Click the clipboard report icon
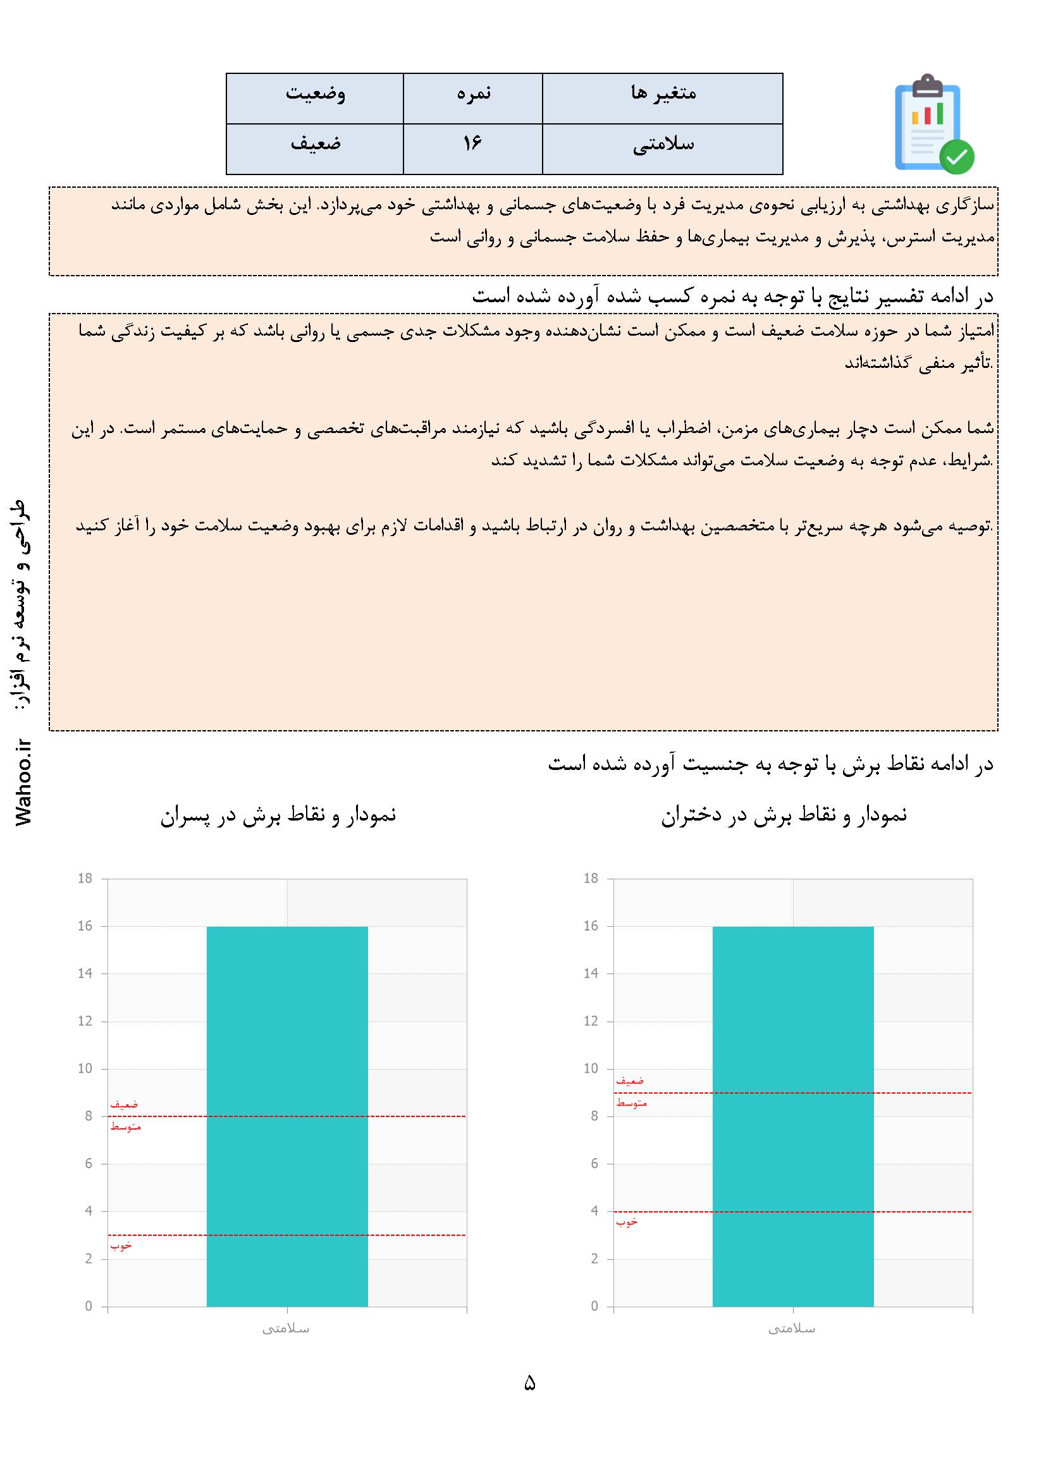928,122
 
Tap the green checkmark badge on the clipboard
956,156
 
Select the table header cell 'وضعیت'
315,94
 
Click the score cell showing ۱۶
472,144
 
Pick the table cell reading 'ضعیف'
315,144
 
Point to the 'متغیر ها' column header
663,94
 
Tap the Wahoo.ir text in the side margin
24,782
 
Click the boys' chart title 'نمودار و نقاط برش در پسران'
278,815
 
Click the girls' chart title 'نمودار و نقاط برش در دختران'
784,815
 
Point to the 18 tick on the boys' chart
85,878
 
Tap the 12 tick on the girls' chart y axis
591,1022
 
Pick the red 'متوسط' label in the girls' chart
631,1103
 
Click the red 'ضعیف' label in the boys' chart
124,1104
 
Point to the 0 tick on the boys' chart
89,1307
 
